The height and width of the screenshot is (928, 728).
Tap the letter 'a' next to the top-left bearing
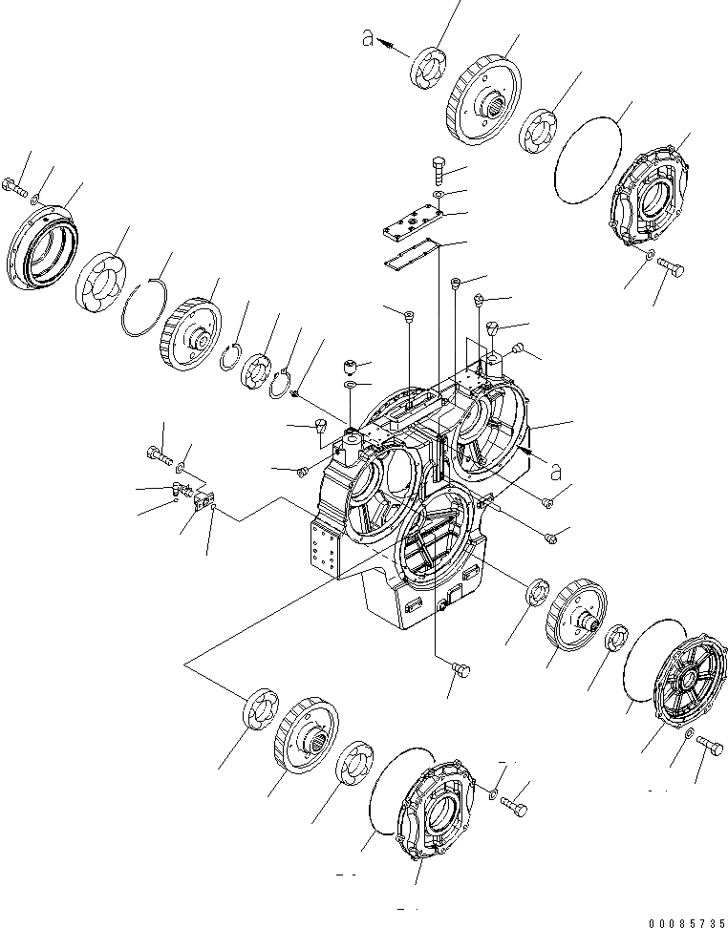(x=366, y=38)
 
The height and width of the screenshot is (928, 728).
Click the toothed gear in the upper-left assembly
(x=191, y=331)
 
